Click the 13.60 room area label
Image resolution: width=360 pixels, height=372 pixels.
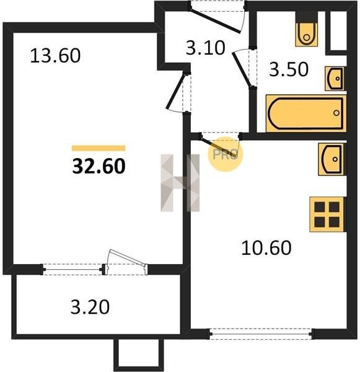coord(56,56)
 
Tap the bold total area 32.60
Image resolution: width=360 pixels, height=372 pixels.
coord(99,166)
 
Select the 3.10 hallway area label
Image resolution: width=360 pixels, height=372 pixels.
coord(205,48)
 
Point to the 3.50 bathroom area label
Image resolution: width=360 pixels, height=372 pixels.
coord(289,69)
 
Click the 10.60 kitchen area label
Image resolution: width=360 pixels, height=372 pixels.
coord(266,247)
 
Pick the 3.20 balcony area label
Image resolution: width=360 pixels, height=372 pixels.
coord(90,307)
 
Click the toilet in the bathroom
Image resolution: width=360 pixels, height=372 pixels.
coord(307,29)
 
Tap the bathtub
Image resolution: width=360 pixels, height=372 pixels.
coord(306,113)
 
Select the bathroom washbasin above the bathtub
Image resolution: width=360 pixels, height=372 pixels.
coord(335,79)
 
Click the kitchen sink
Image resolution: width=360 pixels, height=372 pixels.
coord(331,159)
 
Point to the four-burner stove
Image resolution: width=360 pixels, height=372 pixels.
coord(327,215)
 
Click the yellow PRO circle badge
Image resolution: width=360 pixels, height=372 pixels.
coord(226,154)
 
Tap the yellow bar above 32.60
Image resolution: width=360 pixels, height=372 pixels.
coord(99,148)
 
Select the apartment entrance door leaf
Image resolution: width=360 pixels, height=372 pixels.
coord(216,20)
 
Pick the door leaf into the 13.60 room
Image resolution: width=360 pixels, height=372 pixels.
coord(176,91)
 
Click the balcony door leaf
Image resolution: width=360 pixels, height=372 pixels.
coord(127,257)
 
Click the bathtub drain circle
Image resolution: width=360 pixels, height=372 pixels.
coord(336,113)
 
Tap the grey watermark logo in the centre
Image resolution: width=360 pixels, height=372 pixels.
coord(180,183)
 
